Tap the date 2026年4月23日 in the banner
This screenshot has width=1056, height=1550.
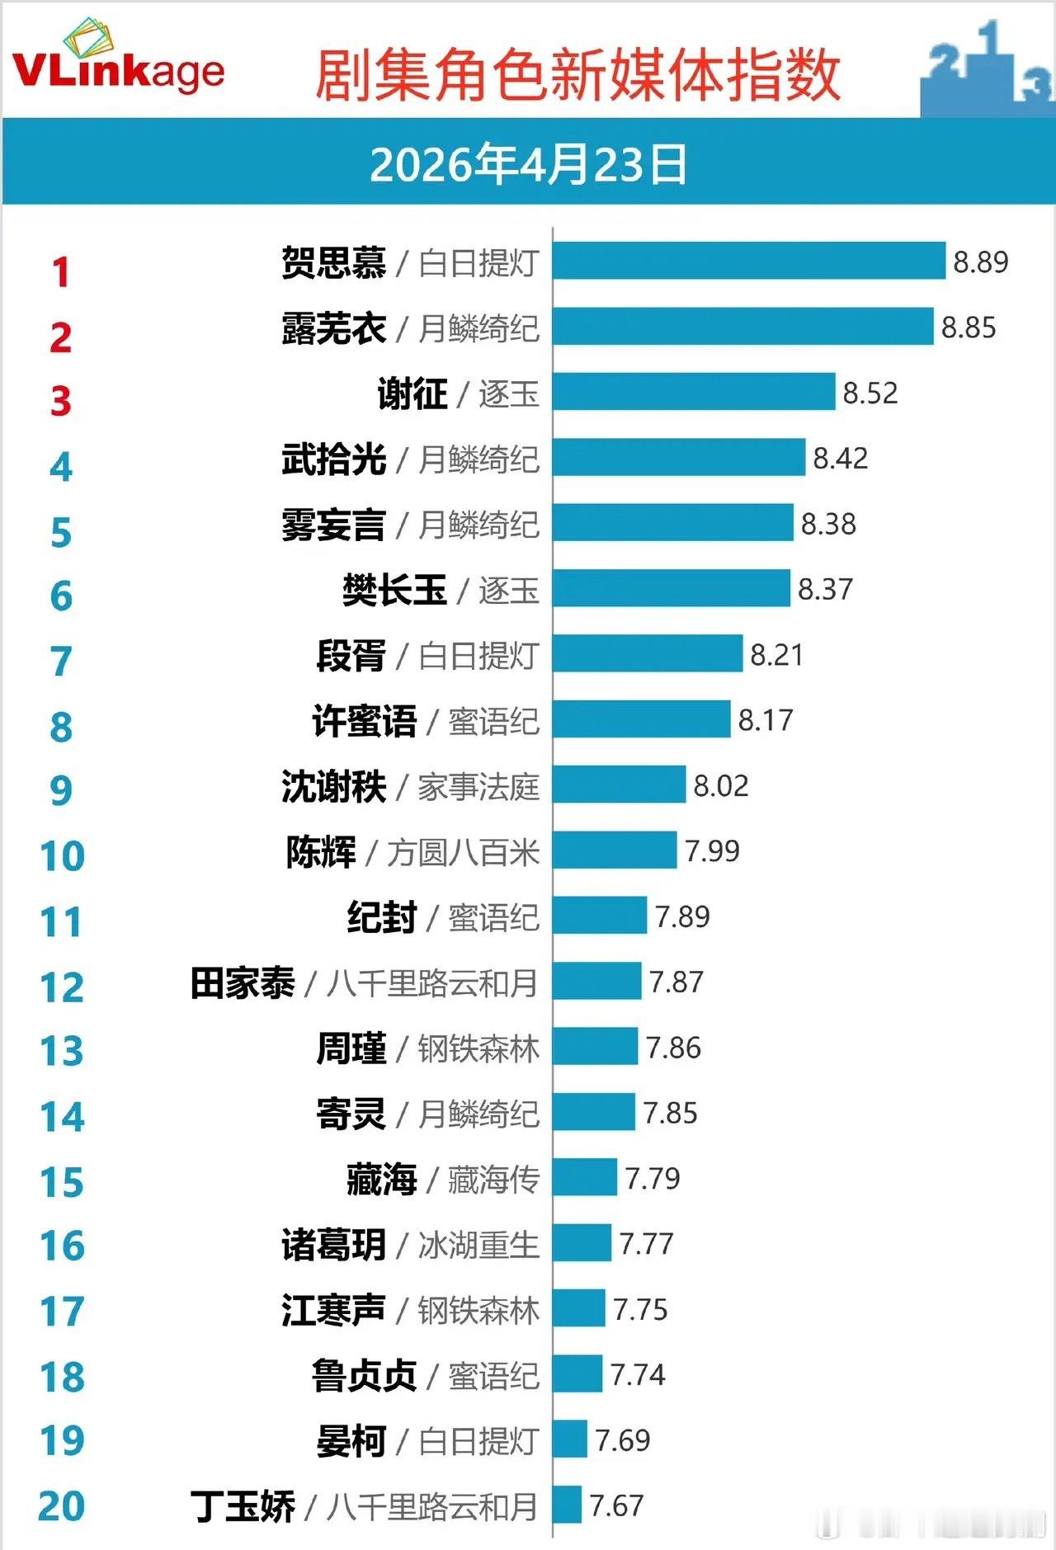point(528,164)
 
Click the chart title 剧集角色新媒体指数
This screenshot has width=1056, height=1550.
point(577,76)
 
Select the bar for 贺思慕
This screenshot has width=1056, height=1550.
point(748,261)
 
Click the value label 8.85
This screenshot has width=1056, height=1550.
point(969,327)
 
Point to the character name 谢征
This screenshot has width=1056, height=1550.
point(412,393)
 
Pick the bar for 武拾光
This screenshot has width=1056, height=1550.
point(678,457)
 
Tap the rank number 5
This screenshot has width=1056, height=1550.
point(61,532)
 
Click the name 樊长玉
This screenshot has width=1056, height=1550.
point(394,590)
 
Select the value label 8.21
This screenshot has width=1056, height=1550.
point(776,655)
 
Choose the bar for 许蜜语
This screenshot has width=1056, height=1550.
point(641,719)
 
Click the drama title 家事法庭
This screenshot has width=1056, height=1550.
point(478,787)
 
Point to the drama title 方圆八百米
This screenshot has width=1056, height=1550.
point(463,852)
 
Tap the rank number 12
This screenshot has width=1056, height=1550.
point(62,987)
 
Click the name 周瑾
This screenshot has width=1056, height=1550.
point(351,1048)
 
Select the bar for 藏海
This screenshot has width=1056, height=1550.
point(584,1177)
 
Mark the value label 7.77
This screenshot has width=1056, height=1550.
point(646,1243)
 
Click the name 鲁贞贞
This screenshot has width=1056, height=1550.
point(364,1375)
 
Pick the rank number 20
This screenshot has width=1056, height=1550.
point(62,1506)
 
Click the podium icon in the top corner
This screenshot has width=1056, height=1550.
point(986,70)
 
